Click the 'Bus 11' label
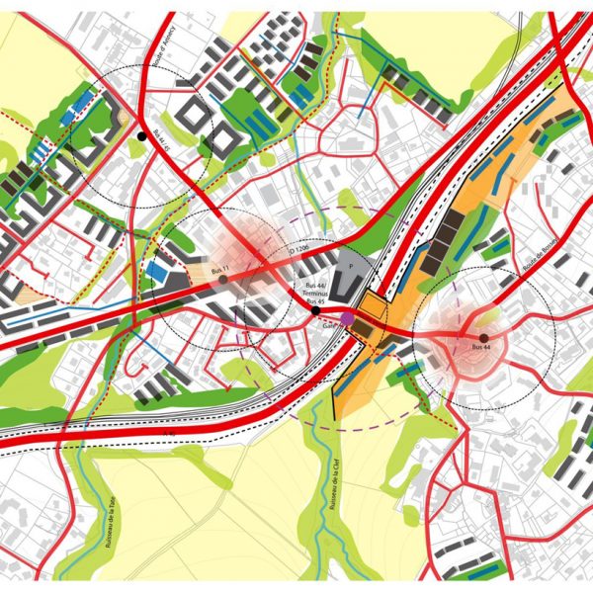218,270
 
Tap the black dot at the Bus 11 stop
223,280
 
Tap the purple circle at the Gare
346,317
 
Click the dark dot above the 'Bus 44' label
483,337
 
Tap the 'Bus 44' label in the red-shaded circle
482,348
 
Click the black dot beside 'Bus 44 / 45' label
142,135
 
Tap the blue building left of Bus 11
157,272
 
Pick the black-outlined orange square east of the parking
373,307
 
